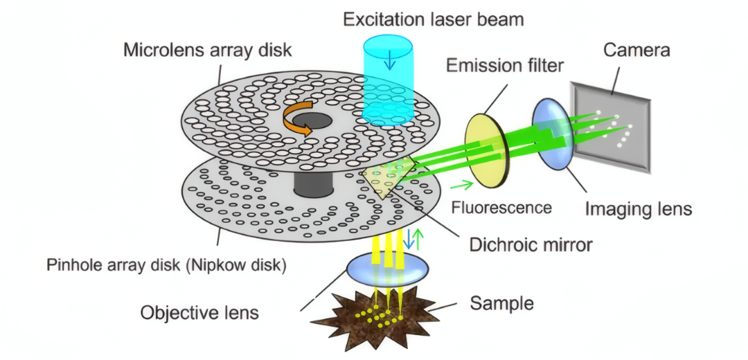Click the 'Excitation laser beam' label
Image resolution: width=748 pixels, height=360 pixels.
click(433, 19)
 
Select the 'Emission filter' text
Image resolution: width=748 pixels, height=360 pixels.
click(505, 66)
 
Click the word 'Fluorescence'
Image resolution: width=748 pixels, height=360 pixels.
click(501, 208)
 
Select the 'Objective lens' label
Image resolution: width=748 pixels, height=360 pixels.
click(199, 312)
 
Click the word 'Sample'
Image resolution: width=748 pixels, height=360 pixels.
click(502, 303)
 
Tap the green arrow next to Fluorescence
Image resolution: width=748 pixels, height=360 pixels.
click(463, 185)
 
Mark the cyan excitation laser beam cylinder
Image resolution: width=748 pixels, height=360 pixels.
click(389, 83)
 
